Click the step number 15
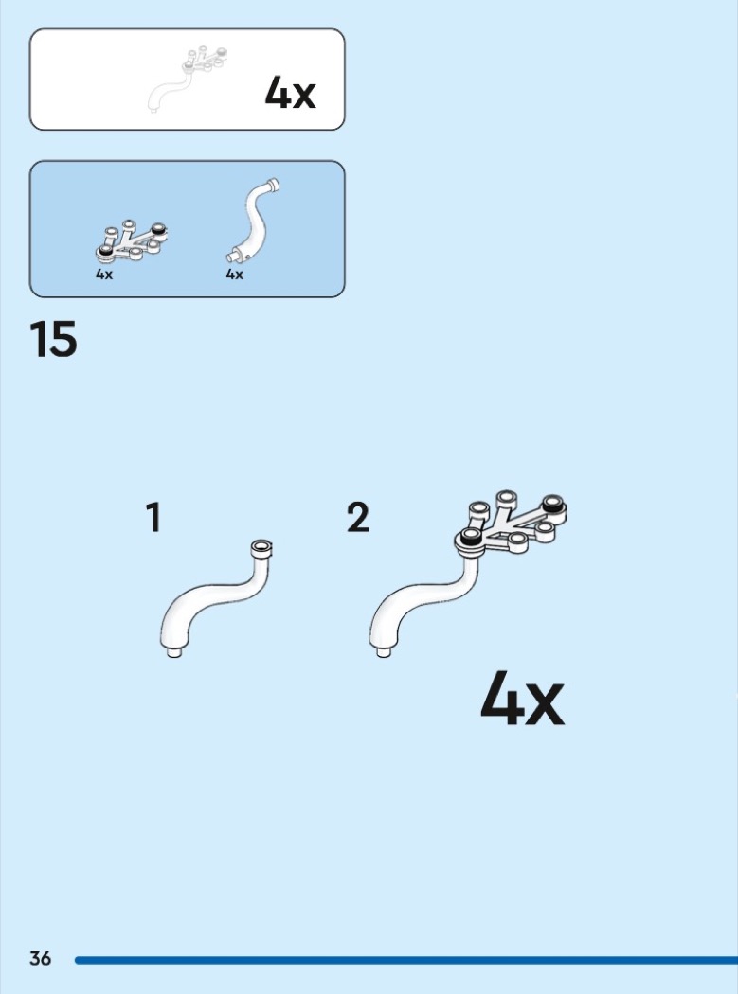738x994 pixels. pyautogui.click(x=53, y=339)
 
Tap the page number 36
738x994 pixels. pyautogui.click(x=40, y=958)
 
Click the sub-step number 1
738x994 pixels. pyautogui.click(x=153, y=517)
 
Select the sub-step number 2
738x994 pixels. pyautogui.click(x=358, y=517)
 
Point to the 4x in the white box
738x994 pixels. pyautogui.click(x=290, y=93)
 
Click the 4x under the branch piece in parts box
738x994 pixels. pyautogui.click(x=104, y=275)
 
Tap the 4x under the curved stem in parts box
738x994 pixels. pyautogui.click(x=235, y=275)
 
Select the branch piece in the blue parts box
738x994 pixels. pyautogui.click(x=132, y=241)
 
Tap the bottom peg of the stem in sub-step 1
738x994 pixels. pyautogui.click(x=174, y=652)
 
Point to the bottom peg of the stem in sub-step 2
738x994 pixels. pyautogui.click(x=384, y=652)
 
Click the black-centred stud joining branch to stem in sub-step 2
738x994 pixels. pyautogui.click(x=470, y=538)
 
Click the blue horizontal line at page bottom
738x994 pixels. pyautogui.click(x=406, y=961)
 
